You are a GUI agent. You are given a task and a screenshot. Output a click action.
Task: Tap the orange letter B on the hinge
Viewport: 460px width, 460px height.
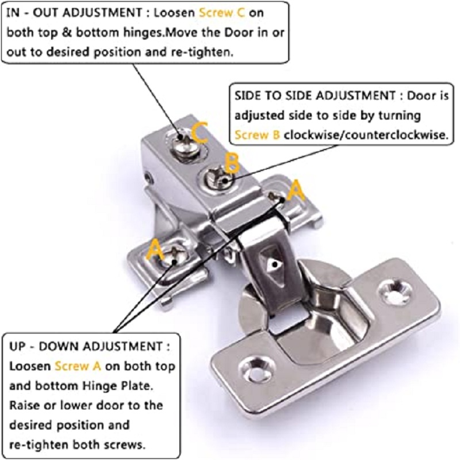(231, 163)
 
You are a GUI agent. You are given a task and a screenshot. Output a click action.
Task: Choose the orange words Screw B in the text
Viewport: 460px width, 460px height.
(257, 136)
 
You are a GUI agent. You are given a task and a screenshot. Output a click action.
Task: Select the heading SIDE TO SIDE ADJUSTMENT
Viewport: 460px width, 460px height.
(314, 95)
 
